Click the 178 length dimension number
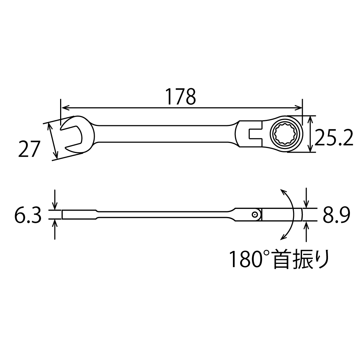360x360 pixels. point(180,96)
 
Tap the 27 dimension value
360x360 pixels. point(28,149)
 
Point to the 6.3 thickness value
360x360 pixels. point(28,215)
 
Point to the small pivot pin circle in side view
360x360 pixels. point(255,215)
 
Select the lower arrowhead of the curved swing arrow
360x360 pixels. point(282,238)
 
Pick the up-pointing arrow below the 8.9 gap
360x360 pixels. point(306,225)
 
